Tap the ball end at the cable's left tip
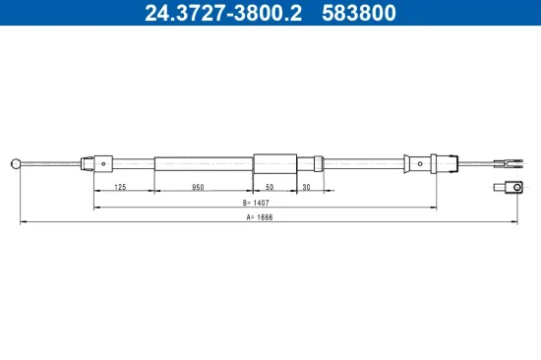15,163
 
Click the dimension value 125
120,185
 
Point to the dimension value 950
199,185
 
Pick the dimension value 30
306,185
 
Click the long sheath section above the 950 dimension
203,163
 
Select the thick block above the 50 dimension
274,163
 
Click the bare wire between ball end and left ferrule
51,163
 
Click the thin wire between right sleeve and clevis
476,163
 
